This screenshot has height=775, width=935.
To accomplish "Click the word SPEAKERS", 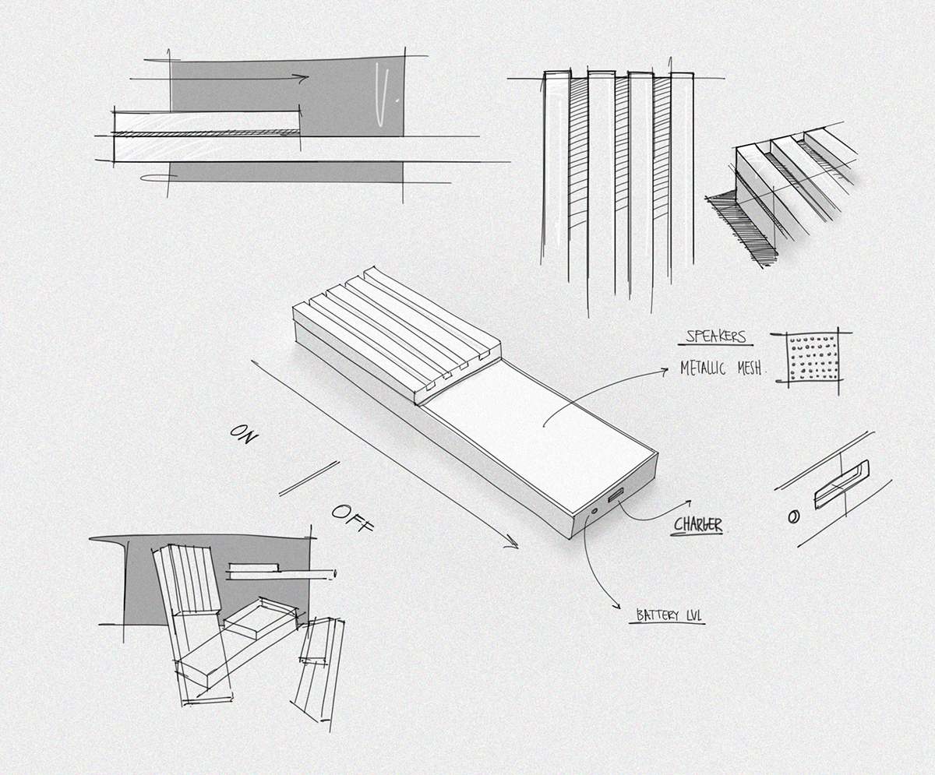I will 715,337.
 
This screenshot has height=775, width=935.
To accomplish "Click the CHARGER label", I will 698,525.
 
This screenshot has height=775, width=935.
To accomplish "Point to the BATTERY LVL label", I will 669,615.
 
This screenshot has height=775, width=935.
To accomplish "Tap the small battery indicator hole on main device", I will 595,512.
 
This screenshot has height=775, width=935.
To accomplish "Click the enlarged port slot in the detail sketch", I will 841,484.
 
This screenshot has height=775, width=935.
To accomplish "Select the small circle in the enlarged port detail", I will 794,516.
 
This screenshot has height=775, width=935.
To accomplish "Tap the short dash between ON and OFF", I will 309,478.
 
